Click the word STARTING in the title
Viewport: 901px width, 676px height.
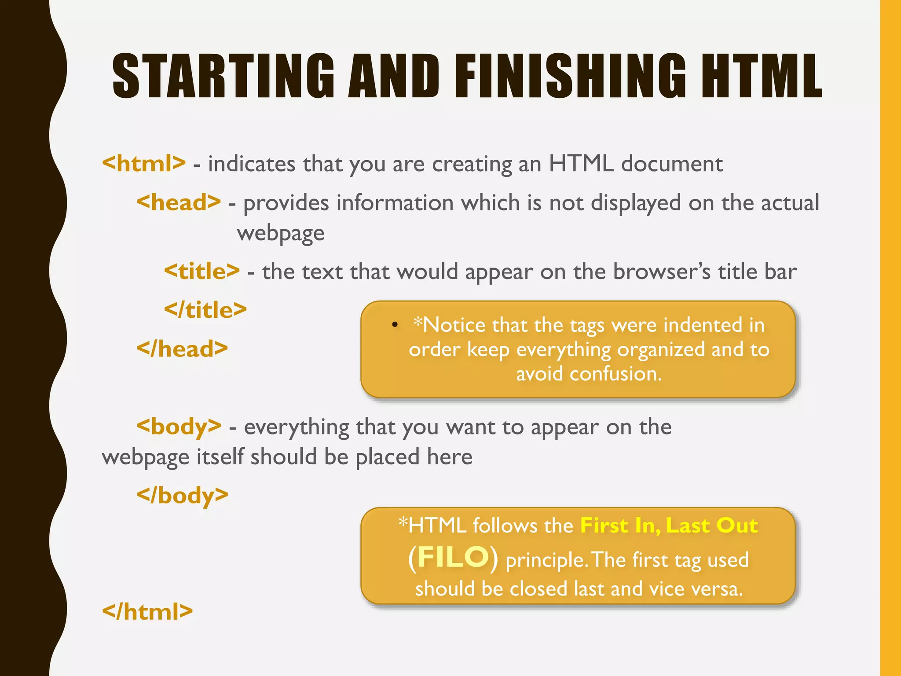(223, 76)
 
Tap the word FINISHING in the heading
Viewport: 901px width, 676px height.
(570, 76)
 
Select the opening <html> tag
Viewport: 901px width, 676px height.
(144, 163)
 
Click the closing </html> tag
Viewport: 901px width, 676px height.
(147, 611)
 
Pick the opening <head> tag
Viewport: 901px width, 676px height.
(179, 202)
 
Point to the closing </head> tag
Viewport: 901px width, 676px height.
(182, 349)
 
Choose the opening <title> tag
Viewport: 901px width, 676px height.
(202, 271)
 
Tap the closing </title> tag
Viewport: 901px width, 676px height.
(205, 310)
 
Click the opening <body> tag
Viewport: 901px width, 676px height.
(179, 426)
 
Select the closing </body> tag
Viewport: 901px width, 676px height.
(183, 495)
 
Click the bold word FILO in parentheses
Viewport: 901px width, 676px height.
(453, 557)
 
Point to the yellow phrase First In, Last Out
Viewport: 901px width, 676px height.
(669, 525)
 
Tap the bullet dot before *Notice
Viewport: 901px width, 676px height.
(395, 325)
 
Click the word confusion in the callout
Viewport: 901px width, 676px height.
(615, 374)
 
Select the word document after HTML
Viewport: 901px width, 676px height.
(672, 164)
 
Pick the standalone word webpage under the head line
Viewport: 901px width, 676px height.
(281, 233)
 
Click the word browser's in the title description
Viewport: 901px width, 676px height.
(662, 272)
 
